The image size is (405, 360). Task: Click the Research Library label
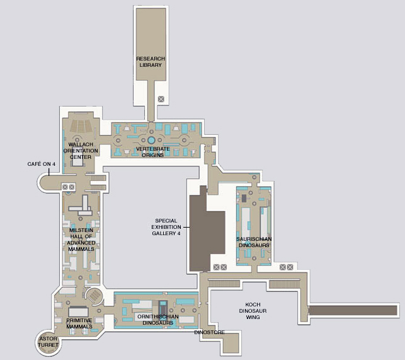(x=151, y=62)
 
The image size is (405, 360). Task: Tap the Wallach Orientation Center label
(x=81, y=151)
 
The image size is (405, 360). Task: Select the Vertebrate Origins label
(x=152, y=152)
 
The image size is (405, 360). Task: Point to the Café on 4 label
(x=42, y=164)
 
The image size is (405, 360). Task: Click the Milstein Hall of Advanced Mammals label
(x=81, y=240)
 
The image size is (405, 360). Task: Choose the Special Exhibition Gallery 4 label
(x=166, y=227)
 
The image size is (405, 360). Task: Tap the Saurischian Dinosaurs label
(x=254, y=242)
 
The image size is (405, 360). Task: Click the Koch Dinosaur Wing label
(x=253, y=311)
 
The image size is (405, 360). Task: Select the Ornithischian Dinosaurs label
(x=158, y=320)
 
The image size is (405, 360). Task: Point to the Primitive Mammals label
(x=79, y=323)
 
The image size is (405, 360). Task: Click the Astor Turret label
(x=48, y=342)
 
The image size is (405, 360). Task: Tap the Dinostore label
(x=210, y=332)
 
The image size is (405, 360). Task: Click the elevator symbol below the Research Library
(x=161, y=99)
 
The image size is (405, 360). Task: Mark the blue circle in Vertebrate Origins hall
(x=151, y=140)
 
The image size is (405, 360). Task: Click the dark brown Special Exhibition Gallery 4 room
(x=207, y=233)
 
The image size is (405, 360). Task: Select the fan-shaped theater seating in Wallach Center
(x=81, y=126)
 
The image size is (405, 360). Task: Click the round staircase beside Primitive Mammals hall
(x=94, y=296)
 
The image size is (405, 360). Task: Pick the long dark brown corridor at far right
(x=353, y=310)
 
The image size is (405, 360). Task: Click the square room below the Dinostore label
(x=231, y=343)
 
